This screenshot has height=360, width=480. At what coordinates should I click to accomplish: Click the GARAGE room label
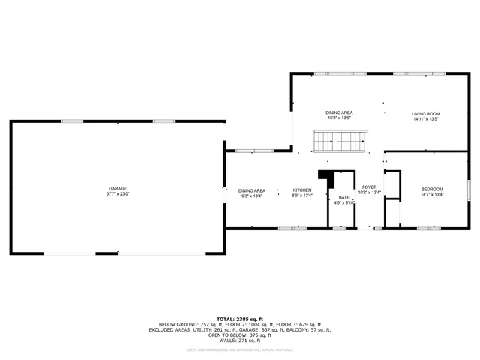coord(117,188)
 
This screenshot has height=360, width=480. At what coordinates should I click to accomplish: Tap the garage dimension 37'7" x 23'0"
coord(117,193)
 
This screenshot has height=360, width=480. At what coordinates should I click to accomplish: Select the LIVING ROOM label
coord(425,113)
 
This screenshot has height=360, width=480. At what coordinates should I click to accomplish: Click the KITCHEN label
coord(301,190)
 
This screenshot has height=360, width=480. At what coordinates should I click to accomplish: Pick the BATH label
coord(343,196)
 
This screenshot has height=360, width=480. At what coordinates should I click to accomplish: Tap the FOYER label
coord(370,187)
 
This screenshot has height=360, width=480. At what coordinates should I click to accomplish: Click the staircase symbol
coord(339,140)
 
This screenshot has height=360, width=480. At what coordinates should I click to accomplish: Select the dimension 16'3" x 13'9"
coord(339,118)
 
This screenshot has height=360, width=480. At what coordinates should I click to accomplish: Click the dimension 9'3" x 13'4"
coord(252,196)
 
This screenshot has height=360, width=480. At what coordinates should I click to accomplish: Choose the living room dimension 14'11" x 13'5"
coord(425,118)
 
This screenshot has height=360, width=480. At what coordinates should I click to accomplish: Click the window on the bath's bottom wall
coord(339,227)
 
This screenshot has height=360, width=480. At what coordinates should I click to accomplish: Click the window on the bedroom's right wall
coord(469,189)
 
